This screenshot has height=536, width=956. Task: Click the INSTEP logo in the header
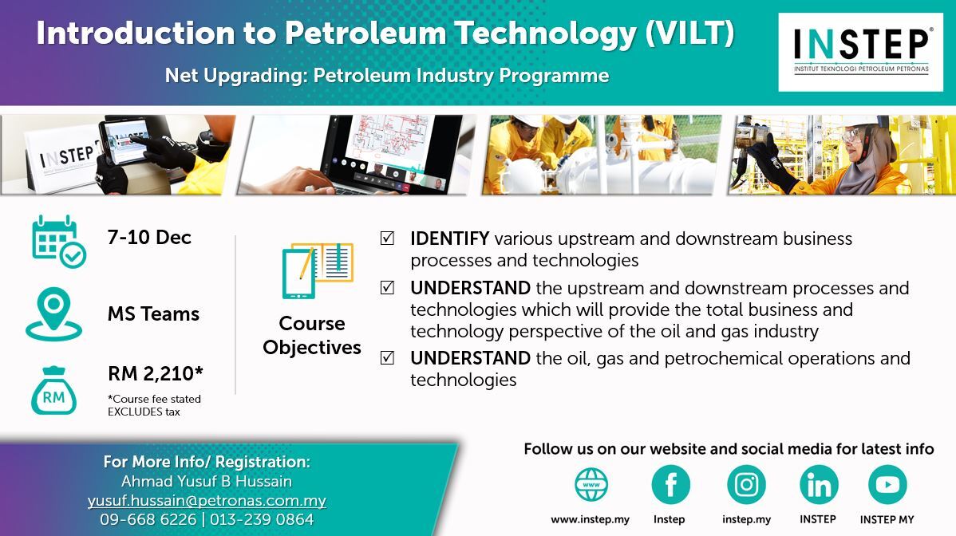(x=860, y=53)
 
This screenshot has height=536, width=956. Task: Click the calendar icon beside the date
(x=58, y=242)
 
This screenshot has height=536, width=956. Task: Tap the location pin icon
(x=53, y=313)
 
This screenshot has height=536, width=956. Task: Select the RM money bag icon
(x=53, y=390)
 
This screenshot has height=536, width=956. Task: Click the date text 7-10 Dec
(x=149, y=237)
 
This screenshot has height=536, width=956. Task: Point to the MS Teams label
(x=154, y=313)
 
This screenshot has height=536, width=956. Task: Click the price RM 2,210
(x=156, y=372)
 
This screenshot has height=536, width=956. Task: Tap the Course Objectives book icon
(x=318, y=270)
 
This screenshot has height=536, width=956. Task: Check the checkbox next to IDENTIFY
(x=387, y=238)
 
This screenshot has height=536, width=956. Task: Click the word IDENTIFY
(x=450, y=238)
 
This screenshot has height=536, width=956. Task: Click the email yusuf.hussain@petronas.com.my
(x=207, y=501)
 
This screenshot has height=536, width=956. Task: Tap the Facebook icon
(x=670, y=485)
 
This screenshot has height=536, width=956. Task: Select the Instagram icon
(x=746, y=485)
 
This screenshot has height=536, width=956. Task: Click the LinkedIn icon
(x=819, y=485)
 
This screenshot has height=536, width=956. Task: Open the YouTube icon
(x=887, y=485)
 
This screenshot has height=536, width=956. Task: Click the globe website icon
(x=591, y=485)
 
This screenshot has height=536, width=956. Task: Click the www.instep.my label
(x=591, y=519)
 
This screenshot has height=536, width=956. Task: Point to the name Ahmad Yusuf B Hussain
(x=207, y=481)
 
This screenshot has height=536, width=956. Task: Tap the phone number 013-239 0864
(x=263, y=519)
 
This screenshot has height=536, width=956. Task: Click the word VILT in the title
(x=689, y=33)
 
